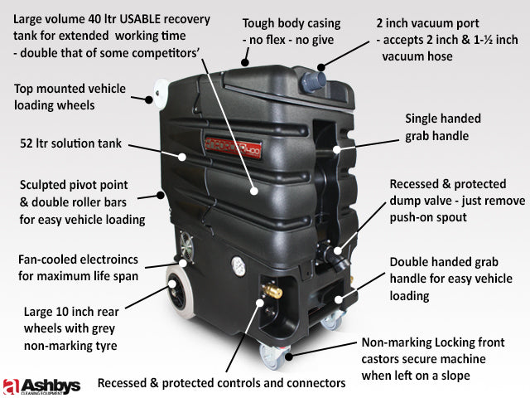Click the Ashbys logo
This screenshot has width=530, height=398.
pos(41,385)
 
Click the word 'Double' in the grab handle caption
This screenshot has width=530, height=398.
pos(409,261)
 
